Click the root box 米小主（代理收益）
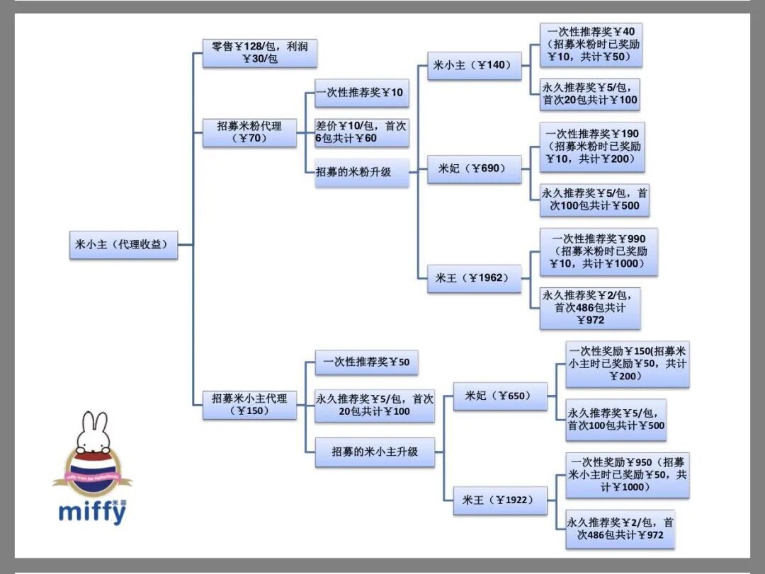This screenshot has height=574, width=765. point(123,244)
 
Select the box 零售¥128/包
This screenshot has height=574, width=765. point(259,53)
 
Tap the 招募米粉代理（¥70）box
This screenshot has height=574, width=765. point(249,132)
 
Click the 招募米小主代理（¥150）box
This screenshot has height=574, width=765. point(249,404)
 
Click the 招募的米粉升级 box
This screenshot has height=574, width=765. point(362,172)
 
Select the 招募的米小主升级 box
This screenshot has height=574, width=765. point(375,452)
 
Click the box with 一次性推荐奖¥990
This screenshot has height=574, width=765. point(599,251)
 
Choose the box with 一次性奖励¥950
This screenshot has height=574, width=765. point(628,475)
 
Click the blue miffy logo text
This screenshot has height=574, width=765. point(92,512)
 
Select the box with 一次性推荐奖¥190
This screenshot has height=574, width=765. point(592,147)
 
